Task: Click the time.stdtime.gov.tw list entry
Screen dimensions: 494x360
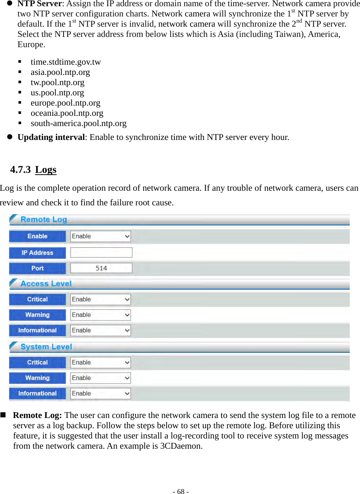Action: pyautogui.click(x=65, y=62)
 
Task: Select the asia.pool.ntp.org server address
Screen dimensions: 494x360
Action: pyautogui.click(x=60, y=72)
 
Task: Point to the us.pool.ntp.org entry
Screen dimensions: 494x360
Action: pyautogui.click(x=57, y=93)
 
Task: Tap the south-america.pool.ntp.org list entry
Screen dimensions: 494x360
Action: pyautogui.click(x=79, y=123)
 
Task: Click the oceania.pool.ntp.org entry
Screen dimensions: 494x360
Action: pyautogui.click(x=67, y=113)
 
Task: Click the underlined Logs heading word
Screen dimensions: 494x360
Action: pyautogui.click(x=46, y=170)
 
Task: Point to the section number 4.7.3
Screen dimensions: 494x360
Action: pyautogui.click(x=20, y=170)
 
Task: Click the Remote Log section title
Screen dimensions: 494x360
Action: pyautogui.click(x=44, y=220)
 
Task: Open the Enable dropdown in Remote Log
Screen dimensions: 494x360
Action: pyautogui.click(x=101, y=236)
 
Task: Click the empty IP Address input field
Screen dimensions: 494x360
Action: pyautogui.click(x=101, y=252)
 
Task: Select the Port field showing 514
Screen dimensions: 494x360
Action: pyautogui.click(x=101, y=268)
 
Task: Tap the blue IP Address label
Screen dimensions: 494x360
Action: pyautogui.click(x=37, y=253)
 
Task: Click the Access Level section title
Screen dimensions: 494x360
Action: pyautogui.click(x=46, y=284)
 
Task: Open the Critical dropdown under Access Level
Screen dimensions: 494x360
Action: pyautogui.click(x=101, y=300)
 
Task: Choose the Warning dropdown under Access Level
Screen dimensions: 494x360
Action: pyautogui.click(x=101, y=315)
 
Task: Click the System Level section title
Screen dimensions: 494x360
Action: pyautogui.click(x=46, y=347)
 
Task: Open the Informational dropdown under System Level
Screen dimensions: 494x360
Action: pyautogui.click(x=101, y=394)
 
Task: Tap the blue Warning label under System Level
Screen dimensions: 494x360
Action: pyautogui.click(x=37, y=378)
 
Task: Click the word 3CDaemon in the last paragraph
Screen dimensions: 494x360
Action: pyautogui.click(x=181, y=446)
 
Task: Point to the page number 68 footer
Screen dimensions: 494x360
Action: pyautogui.click(x=181, y=491)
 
